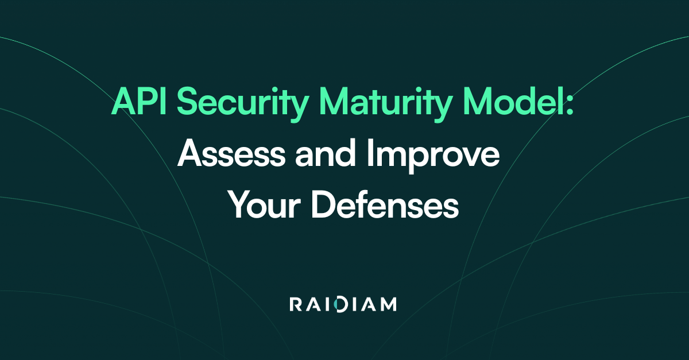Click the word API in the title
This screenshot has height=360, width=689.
click(x=139, y=101)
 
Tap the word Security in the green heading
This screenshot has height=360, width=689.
click(x=243, y=104)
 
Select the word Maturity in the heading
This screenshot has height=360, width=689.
click(x=386, y=104)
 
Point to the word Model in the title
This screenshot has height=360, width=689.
click(x=513, y=100)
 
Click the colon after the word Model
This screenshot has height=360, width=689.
click(x=570, y=104)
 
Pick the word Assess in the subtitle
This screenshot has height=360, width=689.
click(x=231, y=153)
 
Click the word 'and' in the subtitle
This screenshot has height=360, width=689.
click(x=326, y=152)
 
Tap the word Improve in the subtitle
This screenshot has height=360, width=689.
click(x=433, y=156)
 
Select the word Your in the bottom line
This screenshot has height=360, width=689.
click(x=264, y=204)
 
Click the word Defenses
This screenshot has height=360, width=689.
click(x=385, y=204)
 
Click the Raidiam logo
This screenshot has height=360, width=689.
click(x=343, y=304)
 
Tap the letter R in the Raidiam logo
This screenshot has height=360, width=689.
click(x=296, y=304)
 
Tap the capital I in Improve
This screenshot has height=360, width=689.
click(x=369, y=153)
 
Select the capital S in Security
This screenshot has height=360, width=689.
click(x=188, y=101)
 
